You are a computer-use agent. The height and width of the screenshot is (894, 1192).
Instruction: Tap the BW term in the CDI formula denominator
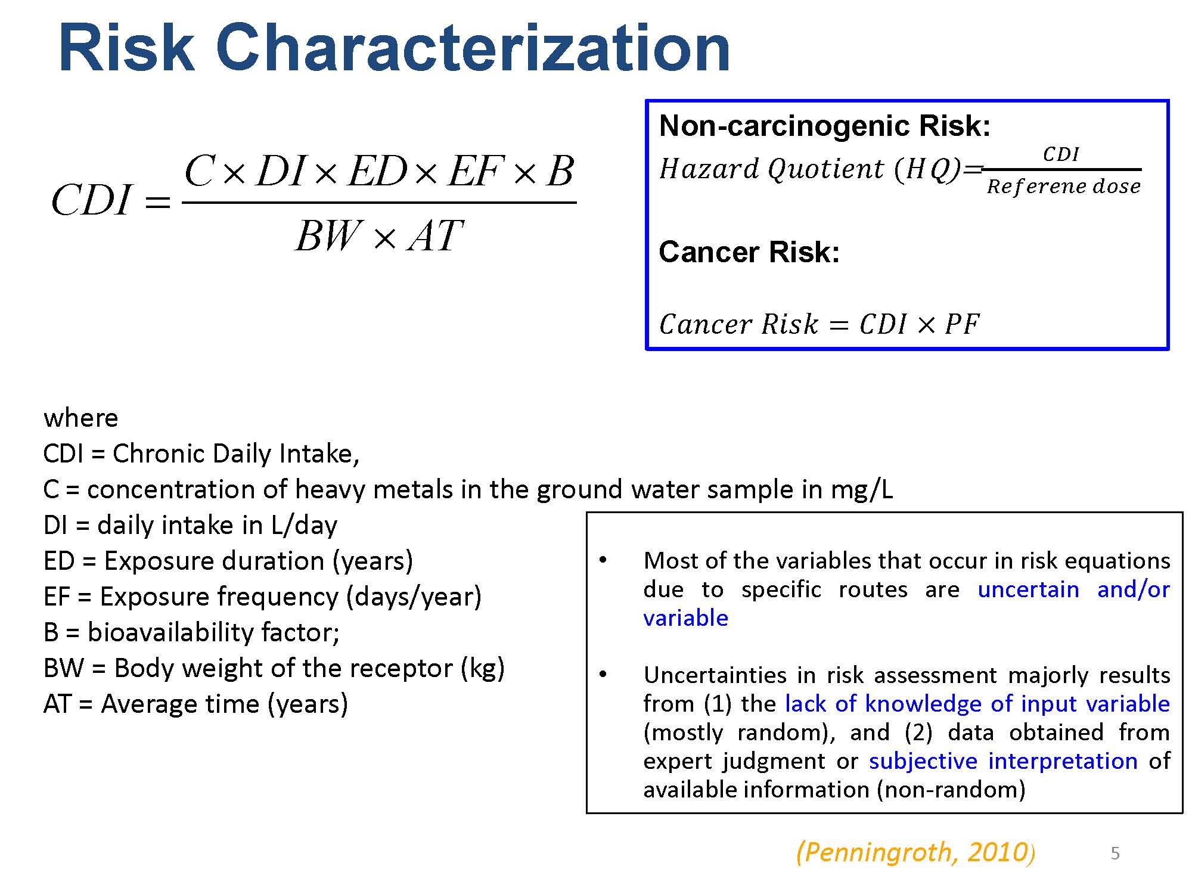click(329, 236)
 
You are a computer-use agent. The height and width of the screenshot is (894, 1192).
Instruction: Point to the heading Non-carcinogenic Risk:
click(825, 126)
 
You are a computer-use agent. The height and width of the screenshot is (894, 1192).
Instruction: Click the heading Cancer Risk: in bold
click(749, 252)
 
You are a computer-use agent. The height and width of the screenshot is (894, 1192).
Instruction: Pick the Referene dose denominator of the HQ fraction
click(1064, 187)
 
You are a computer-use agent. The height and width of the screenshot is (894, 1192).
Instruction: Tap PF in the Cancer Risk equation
click(962, 325)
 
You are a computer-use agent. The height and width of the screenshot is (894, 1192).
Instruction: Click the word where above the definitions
click(80, 418)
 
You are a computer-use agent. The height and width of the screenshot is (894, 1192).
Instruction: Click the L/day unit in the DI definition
click(304, 526)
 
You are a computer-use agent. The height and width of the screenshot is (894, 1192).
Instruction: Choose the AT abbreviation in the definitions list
click(57, 704)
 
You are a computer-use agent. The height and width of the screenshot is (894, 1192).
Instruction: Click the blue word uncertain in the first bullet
click(1028, 589)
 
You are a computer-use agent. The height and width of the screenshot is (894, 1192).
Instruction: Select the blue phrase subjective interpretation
click(1004, 762)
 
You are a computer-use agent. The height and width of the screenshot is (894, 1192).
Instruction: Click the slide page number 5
click(1115, 853)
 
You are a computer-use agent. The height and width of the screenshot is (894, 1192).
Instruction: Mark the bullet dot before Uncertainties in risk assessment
click(603, 675)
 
